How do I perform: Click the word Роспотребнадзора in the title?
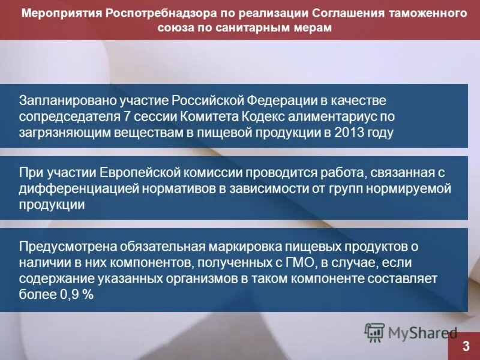158,13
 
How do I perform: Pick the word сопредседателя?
67,116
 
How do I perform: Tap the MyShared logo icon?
375,332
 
